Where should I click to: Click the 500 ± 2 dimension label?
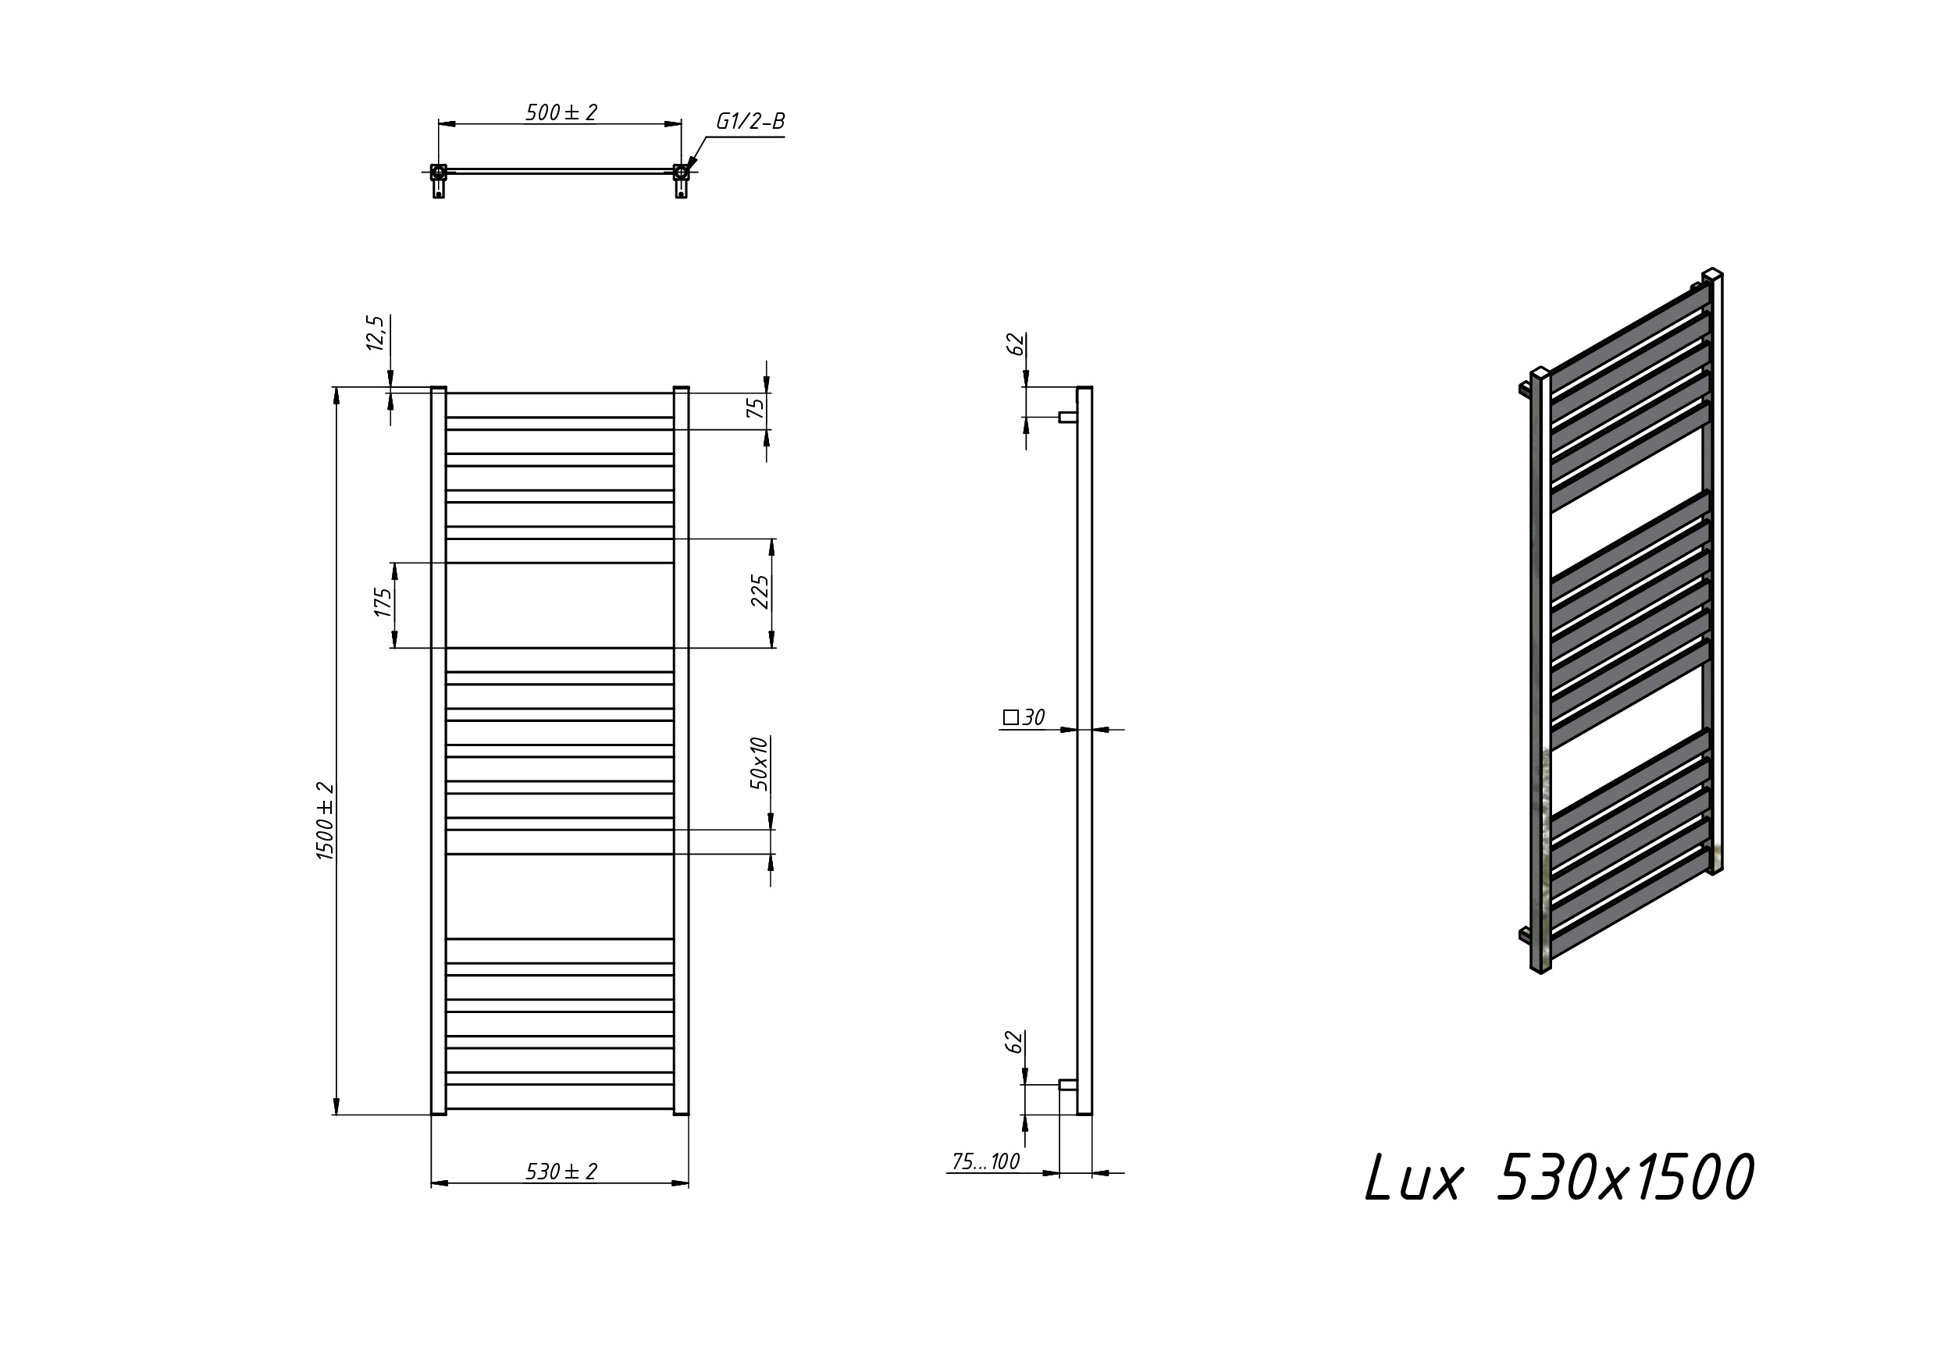point(561,112)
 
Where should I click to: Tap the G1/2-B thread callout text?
point(750,122)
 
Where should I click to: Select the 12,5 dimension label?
point(376,333)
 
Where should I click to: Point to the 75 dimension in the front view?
point(756,407)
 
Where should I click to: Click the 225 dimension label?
point(760,592)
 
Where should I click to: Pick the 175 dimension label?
point(383,603)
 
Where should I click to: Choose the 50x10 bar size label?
point(760,763)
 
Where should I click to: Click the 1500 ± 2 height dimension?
point(326,822)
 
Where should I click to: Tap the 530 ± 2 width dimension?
point(561,1172)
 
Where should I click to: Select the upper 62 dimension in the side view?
point(1017,344)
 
